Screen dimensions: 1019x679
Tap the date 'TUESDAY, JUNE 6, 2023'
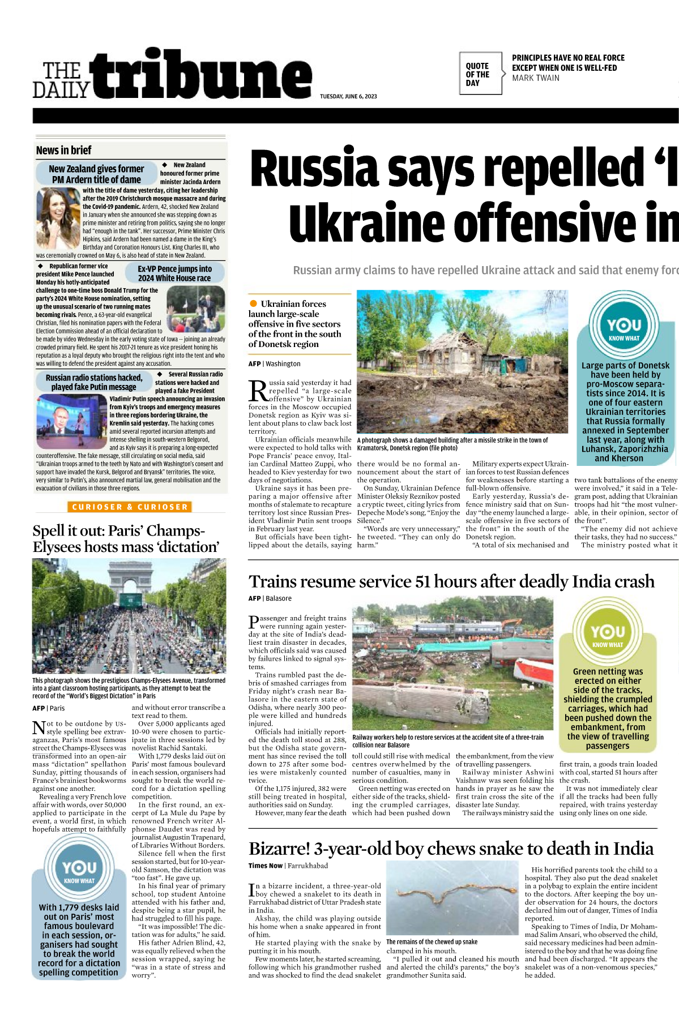tap(348, 96)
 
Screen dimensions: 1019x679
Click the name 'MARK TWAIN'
tap(536, 78)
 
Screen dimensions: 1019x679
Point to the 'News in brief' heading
tap(63, 150)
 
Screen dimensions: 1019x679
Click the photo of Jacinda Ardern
tap(58, 219)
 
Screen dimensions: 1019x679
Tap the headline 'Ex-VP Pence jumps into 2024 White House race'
tap(174, 273)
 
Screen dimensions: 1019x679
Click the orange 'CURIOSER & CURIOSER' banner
tap(130, 507)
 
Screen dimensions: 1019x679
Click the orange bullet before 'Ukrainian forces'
tap(253, 304)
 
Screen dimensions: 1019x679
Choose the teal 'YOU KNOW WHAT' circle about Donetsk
tap(624, 327)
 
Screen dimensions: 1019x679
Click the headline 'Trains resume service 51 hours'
tap(451, 581)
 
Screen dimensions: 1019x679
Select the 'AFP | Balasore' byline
tap(270, 598)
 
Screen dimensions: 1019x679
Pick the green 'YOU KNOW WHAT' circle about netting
tap(607, 633)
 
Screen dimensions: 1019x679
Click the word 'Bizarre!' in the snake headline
tap(279, 849)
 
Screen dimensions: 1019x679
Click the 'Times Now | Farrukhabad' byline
tap(288, 866)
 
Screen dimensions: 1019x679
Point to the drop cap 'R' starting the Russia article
tap(258, 391)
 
